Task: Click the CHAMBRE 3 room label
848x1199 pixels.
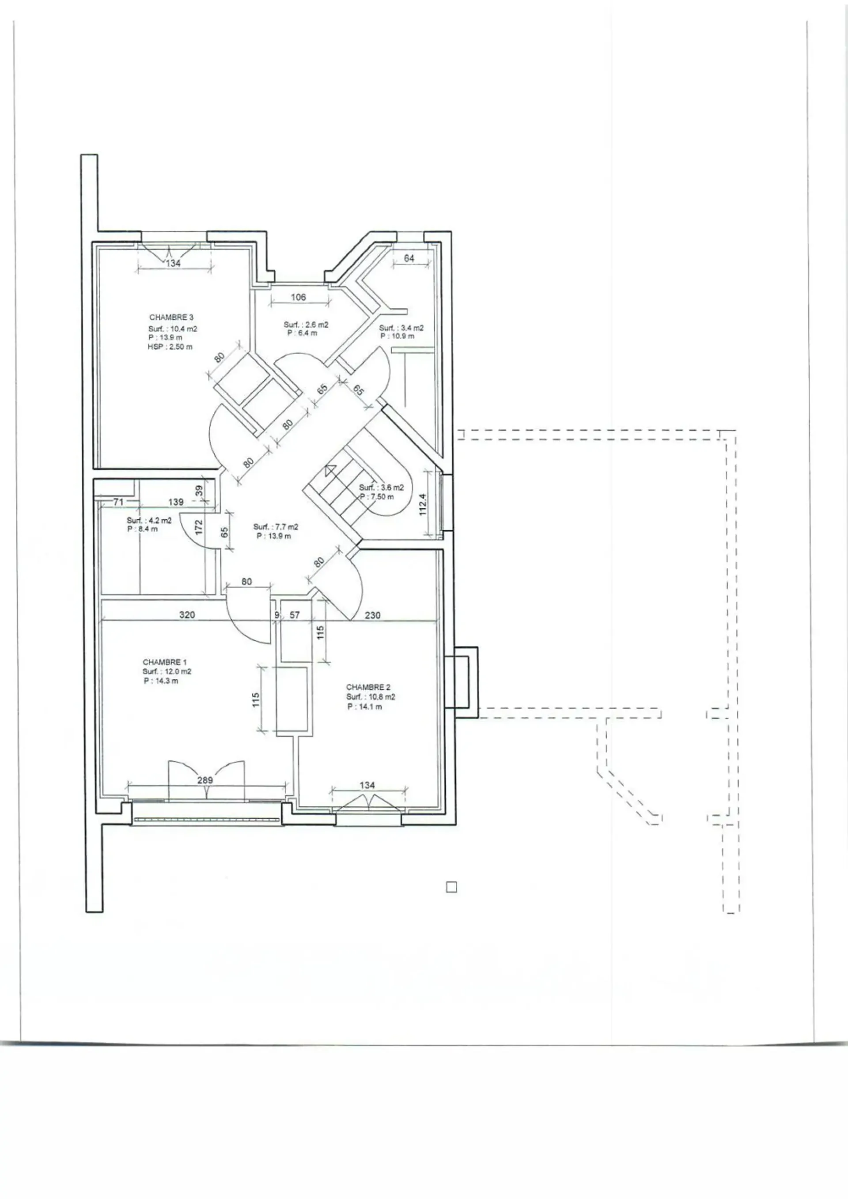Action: click(171, 317)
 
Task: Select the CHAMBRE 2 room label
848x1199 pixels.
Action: click(368, 687)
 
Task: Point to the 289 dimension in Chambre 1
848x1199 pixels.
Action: click(205, 780)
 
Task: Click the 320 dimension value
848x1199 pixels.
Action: click(187, 615)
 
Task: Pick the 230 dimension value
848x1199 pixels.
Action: click(372, 615)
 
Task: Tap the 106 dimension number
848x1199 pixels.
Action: click(298, 297)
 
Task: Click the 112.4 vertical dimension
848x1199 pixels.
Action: click(423, 504)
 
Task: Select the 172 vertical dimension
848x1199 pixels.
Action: click(198, 527)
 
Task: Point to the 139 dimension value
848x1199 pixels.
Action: click(176, 502)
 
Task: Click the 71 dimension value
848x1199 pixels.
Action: click(118, 502)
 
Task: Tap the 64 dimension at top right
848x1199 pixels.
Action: click(409, 258)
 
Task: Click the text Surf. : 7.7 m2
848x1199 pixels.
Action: click(276, 527)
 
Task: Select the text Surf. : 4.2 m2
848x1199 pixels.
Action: click(149, 521)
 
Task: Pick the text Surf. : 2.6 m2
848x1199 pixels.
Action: click(306, 324)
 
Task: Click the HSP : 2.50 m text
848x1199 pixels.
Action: click(170, 347)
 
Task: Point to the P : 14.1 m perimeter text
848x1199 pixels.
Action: click(364, 707)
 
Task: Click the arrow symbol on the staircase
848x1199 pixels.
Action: click(329, 470)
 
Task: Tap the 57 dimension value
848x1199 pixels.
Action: click(295, 615)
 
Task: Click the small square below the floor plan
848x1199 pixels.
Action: click(452, 887)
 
